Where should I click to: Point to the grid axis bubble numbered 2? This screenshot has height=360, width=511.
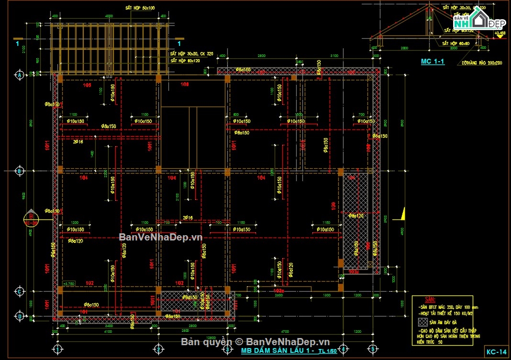(158, 349)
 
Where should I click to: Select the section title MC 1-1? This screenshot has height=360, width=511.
(433, 61)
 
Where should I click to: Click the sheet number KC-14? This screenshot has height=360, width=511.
(496, 351)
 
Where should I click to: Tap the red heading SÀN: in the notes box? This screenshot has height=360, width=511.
(423, 299)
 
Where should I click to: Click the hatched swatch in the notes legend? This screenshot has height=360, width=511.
(423, 322)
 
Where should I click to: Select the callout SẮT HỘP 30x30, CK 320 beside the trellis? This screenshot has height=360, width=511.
(192, 54)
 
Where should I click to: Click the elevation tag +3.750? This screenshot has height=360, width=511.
(69, 283)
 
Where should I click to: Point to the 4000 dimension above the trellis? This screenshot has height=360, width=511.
(109, 16)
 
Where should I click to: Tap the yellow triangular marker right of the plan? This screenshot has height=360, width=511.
(402, 214)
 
